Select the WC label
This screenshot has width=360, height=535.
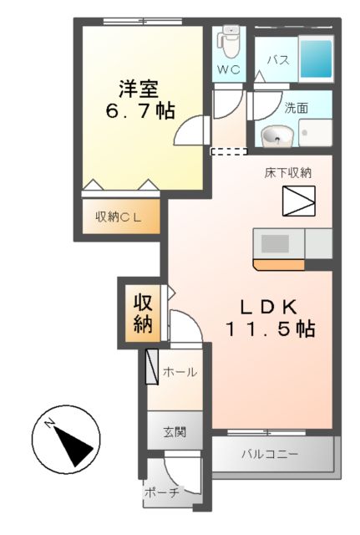click(x=229, y=69)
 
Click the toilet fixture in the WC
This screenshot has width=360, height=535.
click(x=230, y=40)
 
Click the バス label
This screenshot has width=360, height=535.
click(x=278, y=60)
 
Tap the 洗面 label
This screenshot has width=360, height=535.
click(x=296, y=108)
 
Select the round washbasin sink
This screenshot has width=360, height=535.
click(x=275, y=135)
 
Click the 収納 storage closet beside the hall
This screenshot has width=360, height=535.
click(x=141, y=313)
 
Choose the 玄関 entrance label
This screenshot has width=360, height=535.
click(x=175, y=432)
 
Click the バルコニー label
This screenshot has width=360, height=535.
click(x=269, y=455)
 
